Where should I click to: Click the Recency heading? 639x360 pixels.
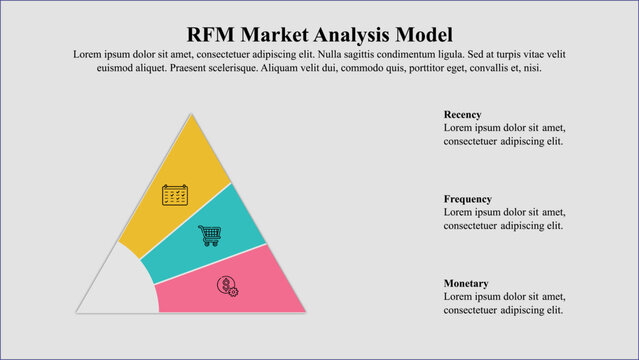point(462,115)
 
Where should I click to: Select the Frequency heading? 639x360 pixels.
point(467,199)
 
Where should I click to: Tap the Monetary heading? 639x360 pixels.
point(466,284)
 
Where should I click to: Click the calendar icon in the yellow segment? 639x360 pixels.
point(175,195)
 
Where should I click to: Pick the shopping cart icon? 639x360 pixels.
point(209,235)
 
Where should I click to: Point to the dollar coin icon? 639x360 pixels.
point(228,286)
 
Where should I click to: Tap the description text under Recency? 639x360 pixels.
point(504,135)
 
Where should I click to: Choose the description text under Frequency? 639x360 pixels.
point(504,219)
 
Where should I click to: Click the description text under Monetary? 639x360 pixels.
point(504,304)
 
